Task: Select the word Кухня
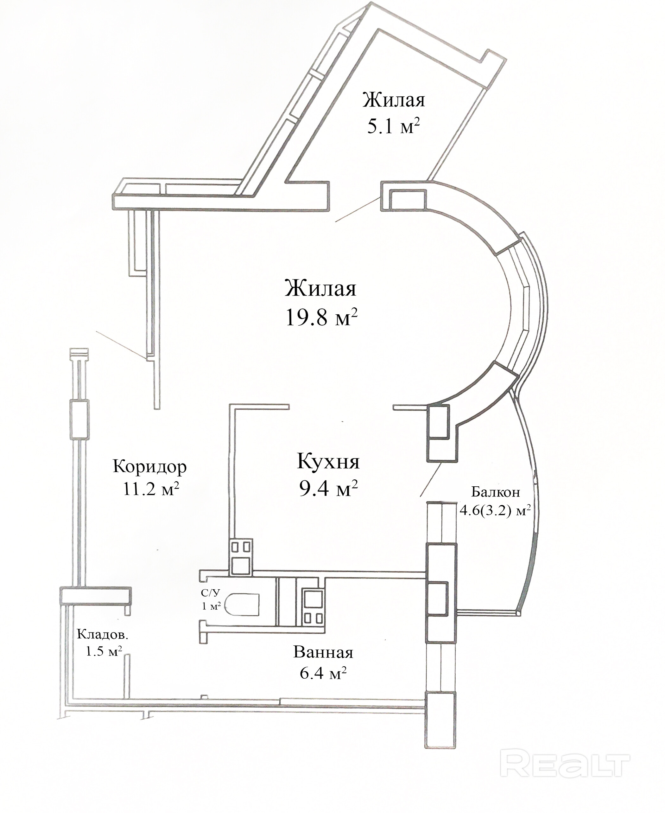click(x=328, y=462)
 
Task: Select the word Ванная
click(x=323, y=652)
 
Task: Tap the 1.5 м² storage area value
click(x=104, y=652)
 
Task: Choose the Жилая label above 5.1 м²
click(x=394, y=100)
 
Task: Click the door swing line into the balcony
click(x=431, y=480)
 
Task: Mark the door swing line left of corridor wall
click(x=121, y=345)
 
